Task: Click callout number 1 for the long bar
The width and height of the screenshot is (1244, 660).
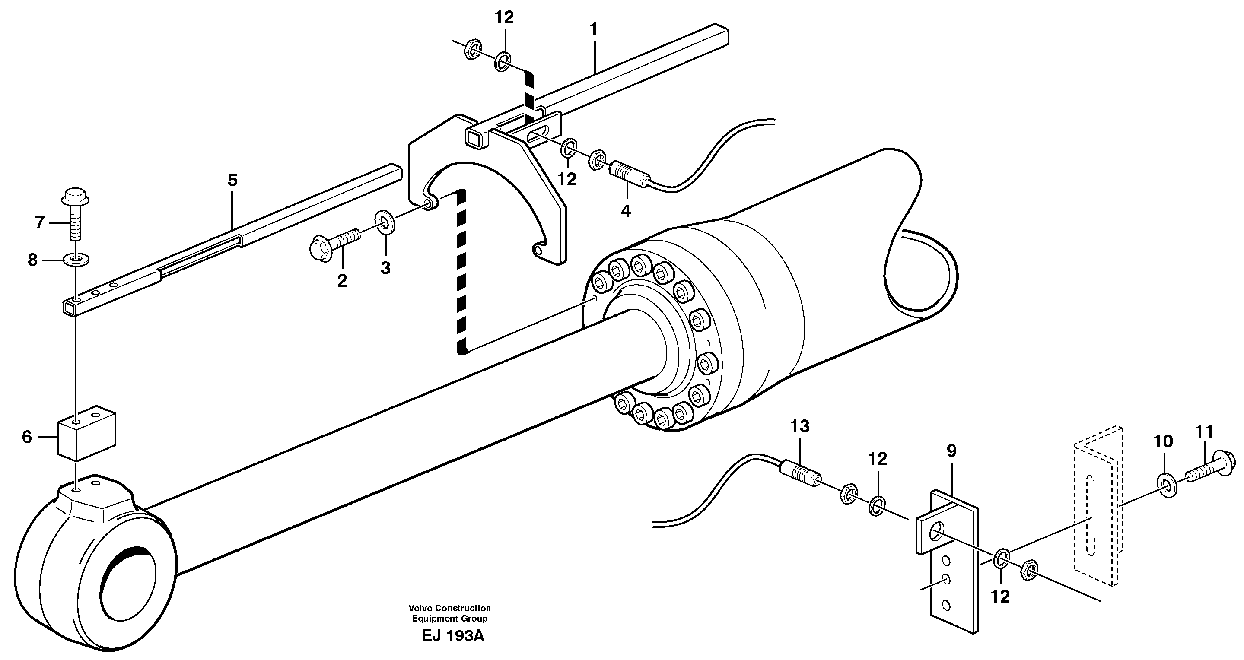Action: tap(594, 30)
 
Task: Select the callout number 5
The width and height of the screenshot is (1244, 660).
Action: tap(232, 181)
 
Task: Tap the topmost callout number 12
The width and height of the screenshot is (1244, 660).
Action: tap(504, 18)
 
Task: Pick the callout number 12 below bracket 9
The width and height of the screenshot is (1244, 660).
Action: tap(1001, 597)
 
